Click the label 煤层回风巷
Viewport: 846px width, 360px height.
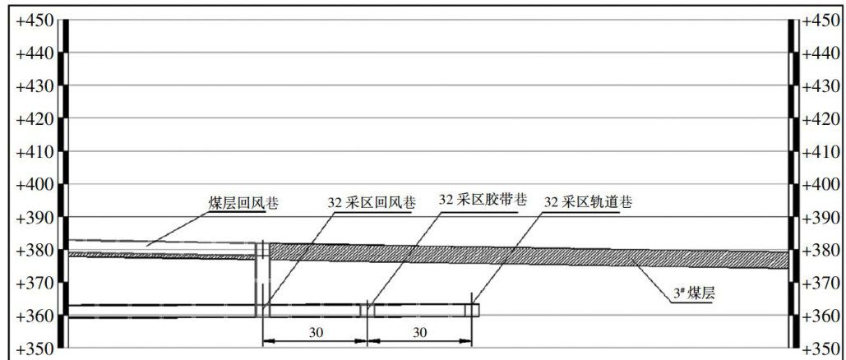point(243,203)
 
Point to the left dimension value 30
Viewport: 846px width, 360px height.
point(314,332)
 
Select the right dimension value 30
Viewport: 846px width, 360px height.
point(419,332)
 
